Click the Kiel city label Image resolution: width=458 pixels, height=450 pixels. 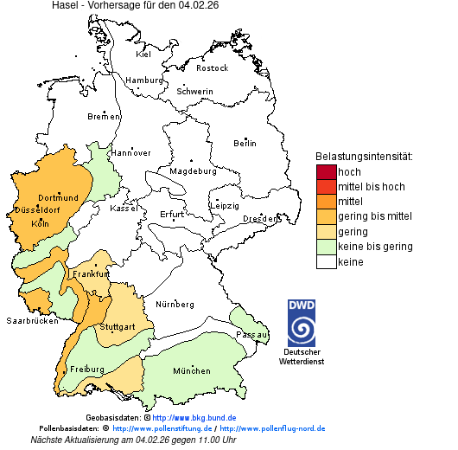coord(143,55)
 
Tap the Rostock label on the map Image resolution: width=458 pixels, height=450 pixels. coord(212,68)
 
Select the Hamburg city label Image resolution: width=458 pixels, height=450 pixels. coord(144,80)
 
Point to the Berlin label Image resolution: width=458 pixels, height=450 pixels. coord(245,143)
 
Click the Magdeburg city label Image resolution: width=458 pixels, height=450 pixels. coord(193,171)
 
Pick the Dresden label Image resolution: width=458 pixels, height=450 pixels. coord(259,219)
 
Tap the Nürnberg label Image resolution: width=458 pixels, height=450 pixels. coord(175,305)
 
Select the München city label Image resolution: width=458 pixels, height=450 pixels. coord(191,371)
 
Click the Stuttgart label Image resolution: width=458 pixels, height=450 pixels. coord(118,327)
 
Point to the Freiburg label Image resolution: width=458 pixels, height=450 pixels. coord(87,370)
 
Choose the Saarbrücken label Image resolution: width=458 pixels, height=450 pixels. coord(32,320)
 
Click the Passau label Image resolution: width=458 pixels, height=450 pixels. coord(252,334)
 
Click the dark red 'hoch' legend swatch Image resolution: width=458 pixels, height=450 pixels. coord(326,172)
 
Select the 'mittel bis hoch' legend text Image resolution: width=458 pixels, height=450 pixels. coord(371,187)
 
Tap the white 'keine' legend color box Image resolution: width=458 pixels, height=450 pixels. coord(326,261)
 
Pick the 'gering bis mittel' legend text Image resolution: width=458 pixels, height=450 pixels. coord(374,216)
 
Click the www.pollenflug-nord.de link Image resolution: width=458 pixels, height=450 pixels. coord(272,428)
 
